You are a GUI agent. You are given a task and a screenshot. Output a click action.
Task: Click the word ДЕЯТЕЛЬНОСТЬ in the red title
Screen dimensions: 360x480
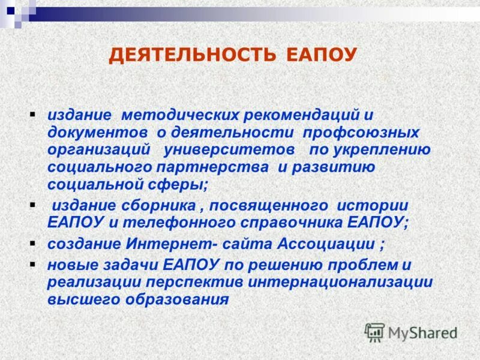coord(192,56)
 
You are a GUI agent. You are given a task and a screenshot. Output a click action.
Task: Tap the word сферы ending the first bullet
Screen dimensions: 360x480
coord(179,185)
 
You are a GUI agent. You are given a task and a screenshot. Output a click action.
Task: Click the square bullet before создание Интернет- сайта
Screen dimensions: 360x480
coord(33,242)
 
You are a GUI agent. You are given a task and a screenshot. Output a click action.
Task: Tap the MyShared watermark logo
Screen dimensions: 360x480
coord(412,332)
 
